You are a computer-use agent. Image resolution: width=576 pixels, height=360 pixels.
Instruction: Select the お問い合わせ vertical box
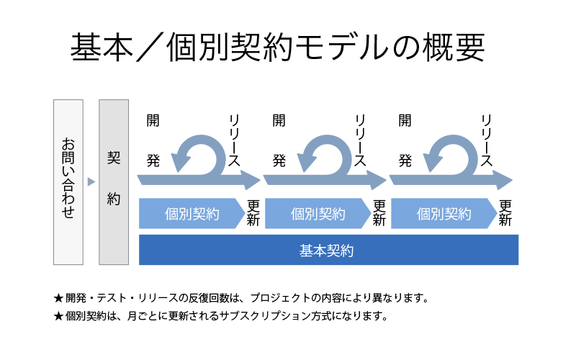(68, 182)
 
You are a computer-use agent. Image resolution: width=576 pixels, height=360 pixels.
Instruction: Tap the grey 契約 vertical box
(114, 182)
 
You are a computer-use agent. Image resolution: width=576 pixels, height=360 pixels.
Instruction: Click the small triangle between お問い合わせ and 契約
(91, 182)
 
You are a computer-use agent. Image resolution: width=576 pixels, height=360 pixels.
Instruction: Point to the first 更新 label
(253, 212)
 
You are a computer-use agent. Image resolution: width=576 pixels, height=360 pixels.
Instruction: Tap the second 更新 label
(379, 212)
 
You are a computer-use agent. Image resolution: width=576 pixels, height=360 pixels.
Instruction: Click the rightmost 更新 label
(505, 212)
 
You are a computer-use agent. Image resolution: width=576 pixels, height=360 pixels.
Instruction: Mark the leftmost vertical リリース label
(233, 140)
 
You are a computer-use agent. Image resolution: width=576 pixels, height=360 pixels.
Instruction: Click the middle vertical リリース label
(359, 140)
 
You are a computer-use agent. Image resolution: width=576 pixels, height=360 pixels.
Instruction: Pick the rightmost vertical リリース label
(486, 140)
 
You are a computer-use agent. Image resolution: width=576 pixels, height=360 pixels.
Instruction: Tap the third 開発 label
(405, 140)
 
